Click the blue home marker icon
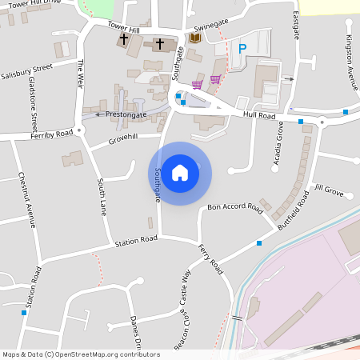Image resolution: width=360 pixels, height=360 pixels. point(180,173)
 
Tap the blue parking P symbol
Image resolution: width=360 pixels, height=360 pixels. point(242,49)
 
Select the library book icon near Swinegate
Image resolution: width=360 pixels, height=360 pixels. point(195,38)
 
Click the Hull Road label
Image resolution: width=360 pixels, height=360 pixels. point(259,116)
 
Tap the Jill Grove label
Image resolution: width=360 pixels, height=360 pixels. point(329,190)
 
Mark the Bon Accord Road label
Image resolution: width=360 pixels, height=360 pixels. point(235,207)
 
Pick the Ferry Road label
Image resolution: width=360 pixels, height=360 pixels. point(210,260)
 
